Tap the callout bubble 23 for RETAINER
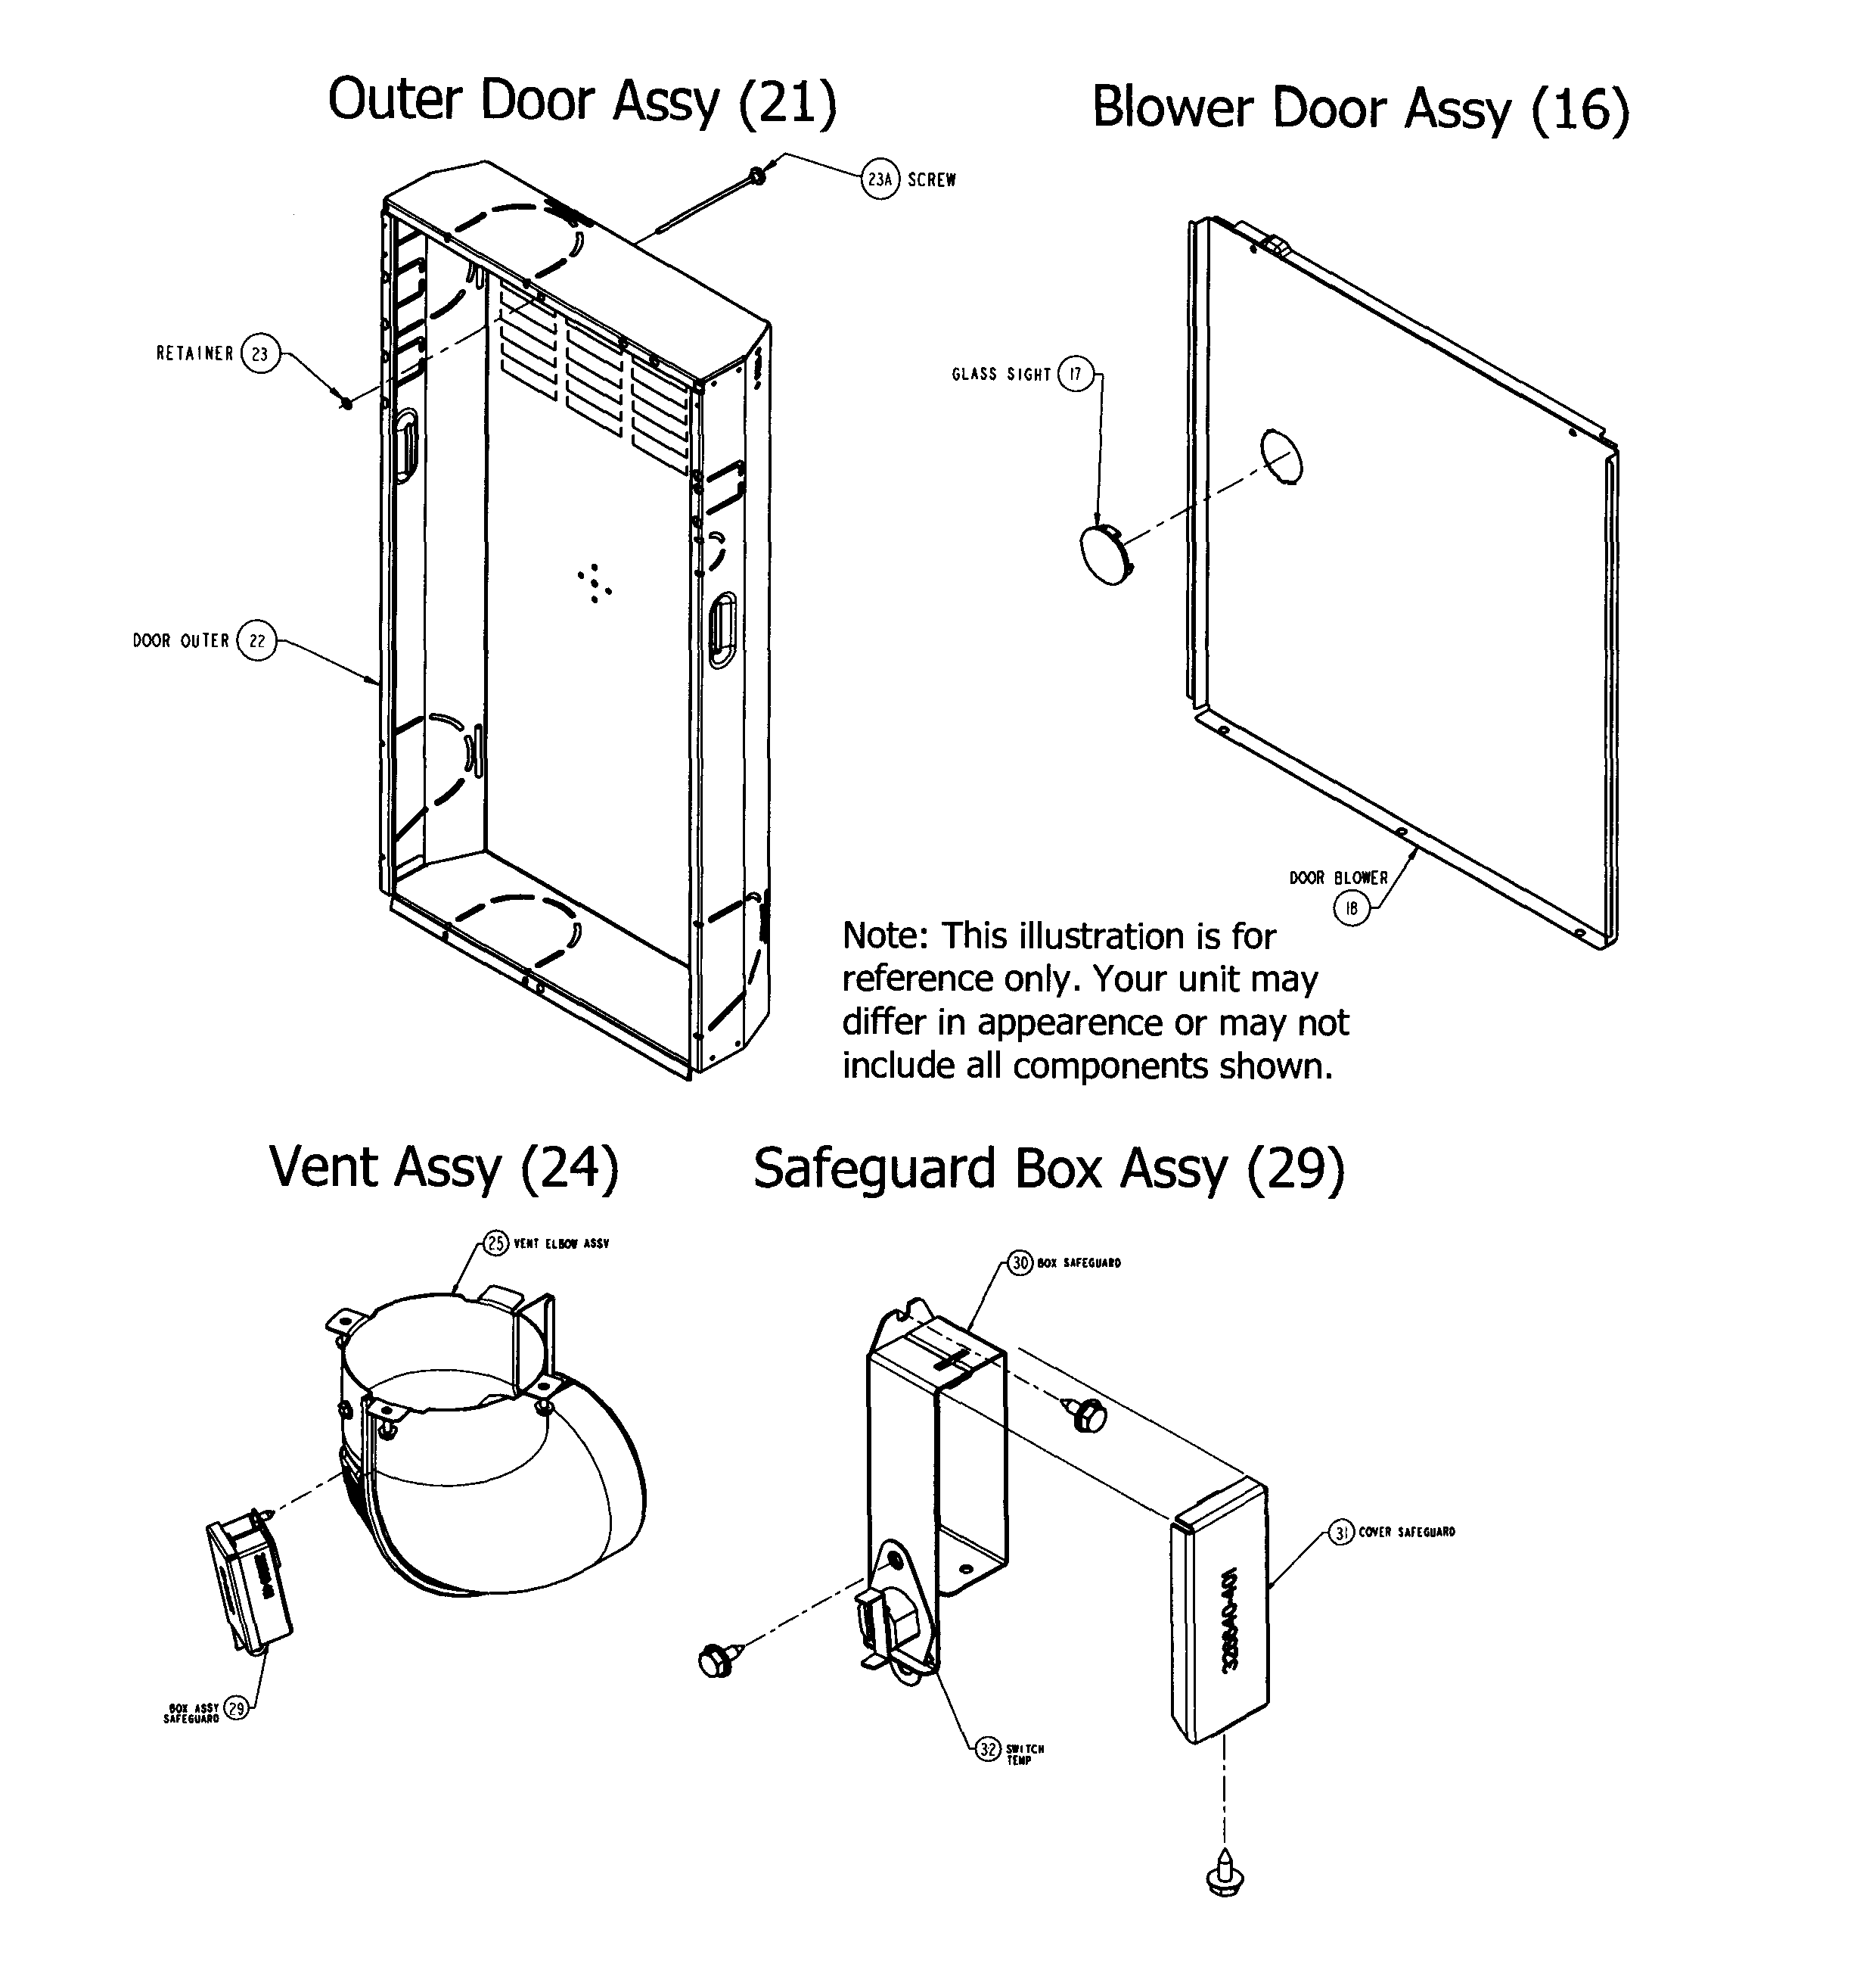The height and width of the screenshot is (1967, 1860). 259,354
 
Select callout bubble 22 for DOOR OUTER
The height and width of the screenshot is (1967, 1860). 256,641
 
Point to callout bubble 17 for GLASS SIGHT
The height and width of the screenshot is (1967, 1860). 1076,374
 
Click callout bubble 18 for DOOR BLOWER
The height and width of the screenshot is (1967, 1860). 1352,907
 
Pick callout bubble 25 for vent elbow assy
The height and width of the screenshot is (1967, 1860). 495,1243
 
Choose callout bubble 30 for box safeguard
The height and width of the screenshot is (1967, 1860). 1021,1262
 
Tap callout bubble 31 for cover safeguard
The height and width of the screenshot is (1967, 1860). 1341,1533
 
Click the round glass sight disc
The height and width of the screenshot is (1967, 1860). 1106,556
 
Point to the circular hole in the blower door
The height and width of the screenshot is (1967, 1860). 1281,456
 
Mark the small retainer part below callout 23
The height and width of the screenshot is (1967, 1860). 346,403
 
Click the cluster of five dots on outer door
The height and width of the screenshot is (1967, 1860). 594,584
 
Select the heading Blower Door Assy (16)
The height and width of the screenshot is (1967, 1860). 1360,108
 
